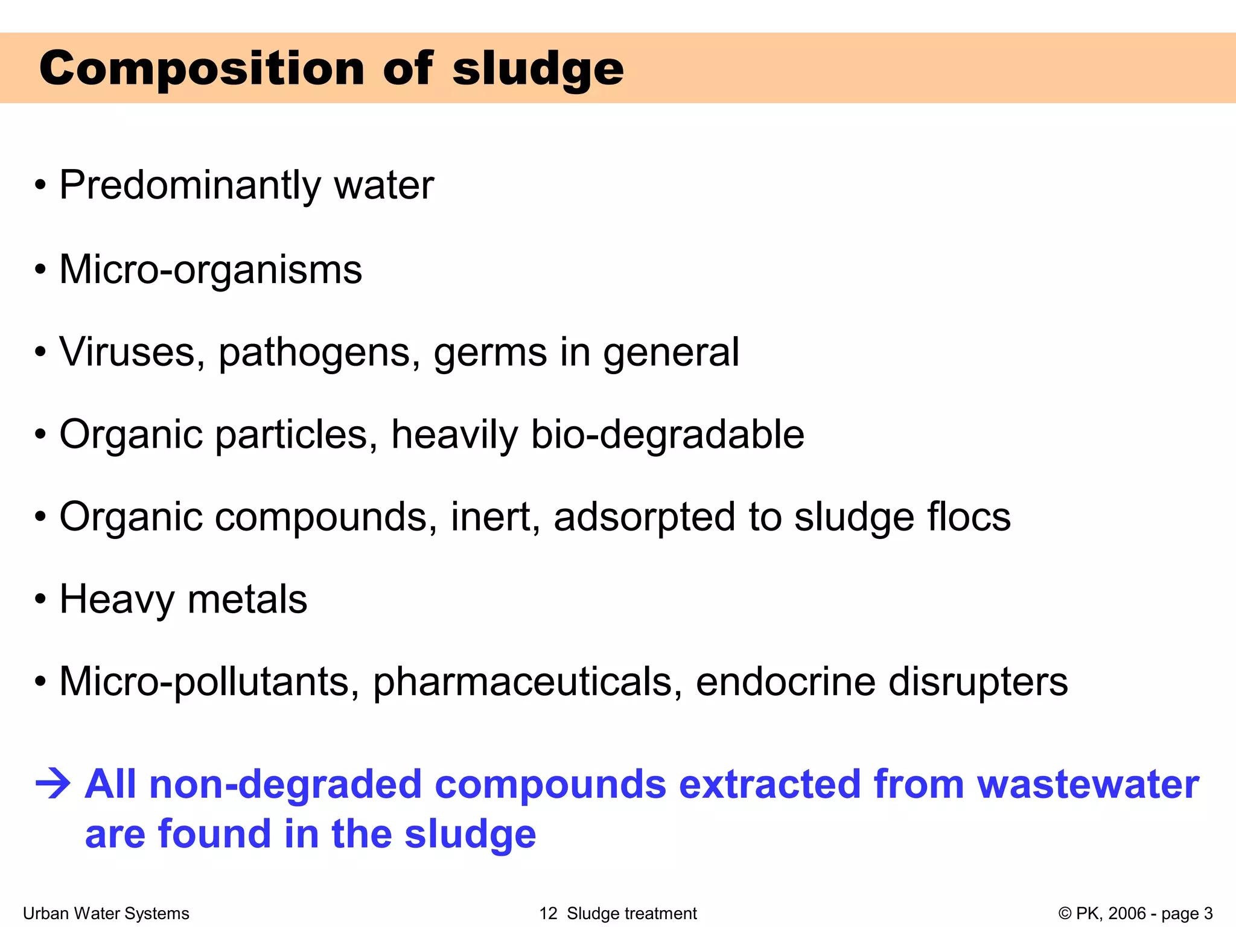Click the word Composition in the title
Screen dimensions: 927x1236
click(x=202, y=68)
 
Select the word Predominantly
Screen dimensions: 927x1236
click(x=190, y=185)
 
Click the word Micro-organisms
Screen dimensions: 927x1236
click(x=211, y=269)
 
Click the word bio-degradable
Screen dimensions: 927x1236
click(x=667, y=435)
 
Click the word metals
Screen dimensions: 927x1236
click(x=247, y=599)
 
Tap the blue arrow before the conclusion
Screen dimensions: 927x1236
click(x=53, y=785)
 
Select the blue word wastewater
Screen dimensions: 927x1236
click(x=1088, y=785)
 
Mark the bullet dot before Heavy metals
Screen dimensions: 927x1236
click(x=40, y=600)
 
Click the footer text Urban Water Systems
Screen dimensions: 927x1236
click(x=106, y=914)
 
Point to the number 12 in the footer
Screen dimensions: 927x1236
click(x=548, y=914)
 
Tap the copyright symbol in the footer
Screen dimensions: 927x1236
click(x=1065, y=914)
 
